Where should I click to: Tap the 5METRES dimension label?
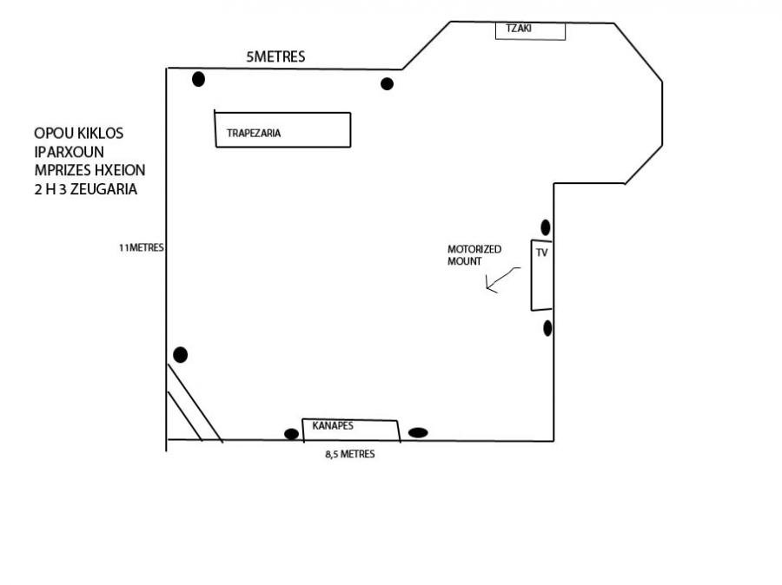point(275,56)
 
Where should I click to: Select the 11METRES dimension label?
point(141,247)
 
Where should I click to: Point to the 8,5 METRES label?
point(350,454)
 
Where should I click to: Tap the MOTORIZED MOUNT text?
point(474,255)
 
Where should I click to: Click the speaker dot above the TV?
point(546,227)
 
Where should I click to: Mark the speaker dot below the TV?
point(547,328)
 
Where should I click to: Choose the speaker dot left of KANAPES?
point(291,434)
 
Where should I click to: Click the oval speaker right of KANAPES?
point(418,432)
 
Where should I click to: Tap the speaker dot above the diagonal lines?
point(181,355)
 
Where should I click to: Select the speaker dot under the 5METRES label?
point(387,83)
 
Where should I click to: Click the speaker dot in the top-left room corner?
point(198,79)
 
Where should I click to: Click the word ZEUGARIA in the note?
point(104,189)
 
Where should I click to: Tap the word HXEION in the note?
point(120,170)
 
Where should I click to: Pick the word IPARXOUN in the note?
point(69,152)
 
